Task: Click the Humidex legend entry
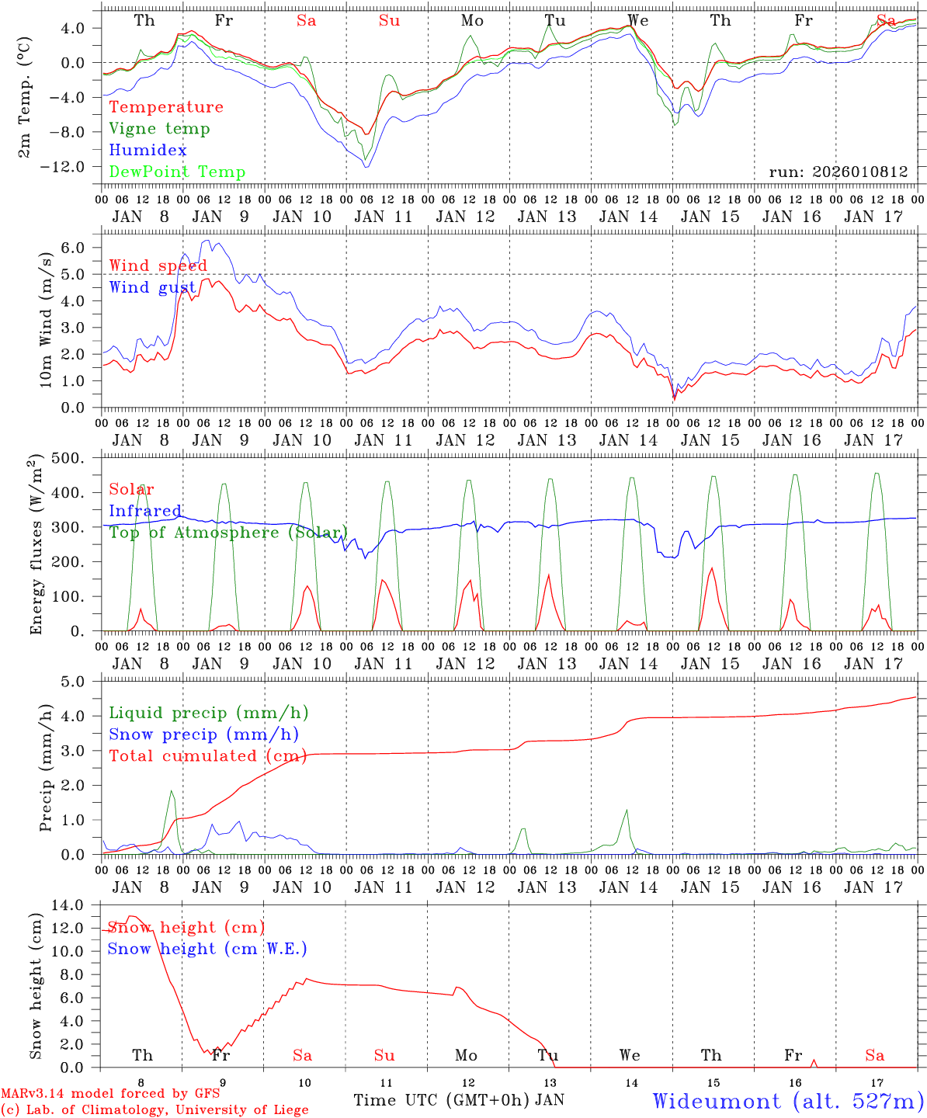(x=148, y=151)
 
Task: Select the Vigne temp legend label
(x=159, y=129)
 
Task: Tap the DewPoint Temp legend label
(x=177, y=172)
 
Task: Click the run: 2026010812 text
(x=838, y=172)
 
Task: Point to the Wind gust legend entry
(x=152, y=288)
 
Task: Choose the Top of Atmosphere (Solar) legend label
(x=227, y=533)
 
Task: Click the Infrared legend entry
(x=145, y=511)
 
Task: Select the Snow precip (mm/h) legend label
(x=203, y=734)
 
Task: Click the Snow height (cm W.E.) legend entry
(x=207, y=949)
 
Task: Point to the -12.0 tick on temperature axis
(x=72, y=167)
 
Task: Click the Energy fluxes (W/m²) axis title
(x=36, y=546)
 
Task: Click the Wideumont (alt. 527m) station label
(x=788, y=1101)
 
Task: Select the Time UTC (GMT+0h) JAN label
(x=459, y=1100)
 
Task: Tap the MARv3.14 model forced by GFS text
(x=110, y=1095)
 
